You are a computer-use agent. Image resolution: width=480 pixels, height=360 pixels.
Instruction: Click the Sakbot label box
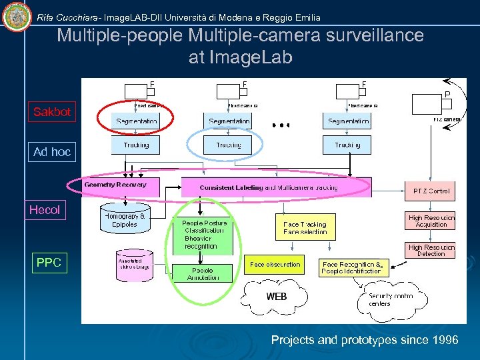click(52, 112)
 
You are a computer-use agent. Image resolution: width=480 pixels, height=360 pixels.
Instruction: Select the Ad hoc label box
click(52, 152)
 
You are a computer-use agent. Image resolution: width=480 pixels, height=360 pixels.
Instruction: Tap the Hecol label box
click(45, 210)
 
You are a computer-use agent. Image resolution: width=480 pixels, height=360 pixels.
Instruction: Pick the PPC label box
click(49, 263)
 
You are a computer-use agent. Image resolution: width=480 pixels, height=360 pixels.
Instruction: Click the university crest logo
click(17, 17)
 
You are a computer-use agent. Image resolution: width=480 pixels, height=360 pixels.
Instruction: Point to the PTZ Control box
click(431, 191)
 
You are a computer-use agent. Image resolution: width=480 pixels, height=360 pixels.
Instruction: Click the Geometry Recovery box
click(115, 185)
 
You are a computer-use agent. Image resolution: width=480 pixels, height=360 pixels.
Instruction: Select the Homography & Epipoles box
click(125, 219)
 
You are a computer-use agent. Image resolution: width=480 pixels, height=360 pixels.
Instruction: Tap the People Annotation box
click(203, 273)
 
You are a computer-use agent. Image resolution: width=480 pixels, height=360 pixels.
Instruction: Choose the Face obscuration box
click(275, 265)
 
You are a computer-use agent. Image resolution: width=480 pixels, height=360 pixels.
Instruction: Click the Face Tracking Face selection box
click(305, 228)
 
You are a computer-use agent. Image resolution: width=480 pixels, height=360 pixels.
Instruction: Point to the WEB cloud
click(277, 296)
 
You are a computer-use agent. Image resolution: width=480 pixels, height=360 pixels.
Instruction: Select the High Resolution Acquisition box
click(431, 221)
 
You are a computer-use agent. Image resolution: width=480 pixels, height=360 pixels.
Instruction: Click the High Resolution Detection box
click(431, 251)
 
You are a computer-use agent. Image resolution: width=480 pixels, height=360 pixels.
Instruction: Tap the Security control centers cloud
click(390, 300)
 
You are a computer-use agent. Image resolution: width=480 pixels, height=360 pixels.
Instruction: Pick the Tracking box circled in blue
click(228, 145)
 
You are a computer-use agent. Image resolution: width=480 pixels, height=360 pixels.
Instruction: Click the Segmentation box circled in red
click(136, 121)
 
